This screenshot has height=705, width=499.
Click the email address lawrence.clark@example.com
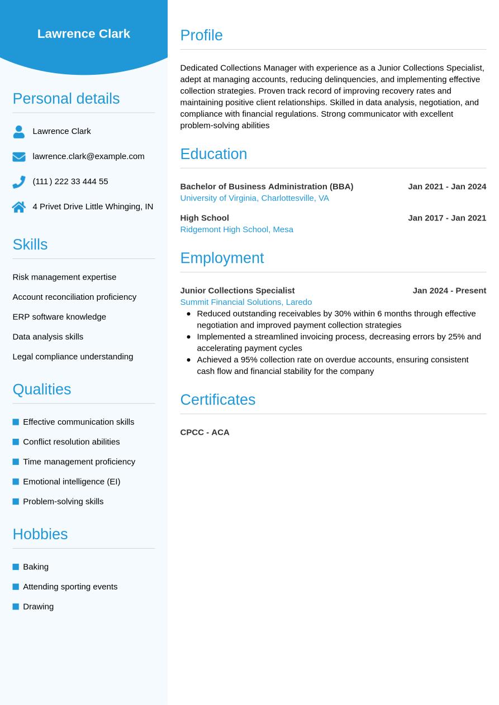coord(88,156)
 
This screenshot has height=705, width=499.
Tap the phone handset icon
coord(19,182)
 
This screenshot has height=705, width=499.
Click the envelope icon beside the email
coord(19,157)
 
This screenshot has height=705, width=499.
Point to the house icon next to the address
coord(19,207)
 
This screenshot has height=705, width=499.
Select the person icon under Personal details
coord(19,132)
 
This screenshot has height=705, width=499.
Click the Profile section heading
coord(201,35)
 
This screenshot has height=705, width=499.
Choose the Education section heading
coord(213,154)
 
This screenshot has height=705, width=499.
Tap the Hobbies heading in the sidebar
coord(40,534)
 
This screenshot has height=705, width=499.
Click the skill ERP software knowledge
coord(59,316)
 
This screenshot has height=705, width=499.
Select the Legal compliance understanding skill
coord(73,356)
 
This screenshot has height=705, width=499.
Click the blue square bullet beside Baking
coord(16,567)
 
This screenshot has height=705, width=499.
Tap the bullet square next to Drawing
coord(16,606)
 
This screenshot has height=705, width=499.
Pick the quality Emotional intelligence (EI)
coord(72,481)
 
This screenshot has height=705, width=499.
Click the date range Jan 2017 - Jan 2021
coord(446,218)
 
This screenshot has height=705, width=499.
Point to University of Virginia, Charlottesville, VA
coord(254,198)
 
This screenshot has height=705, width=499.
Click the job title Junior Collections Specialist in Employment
coord(237,290)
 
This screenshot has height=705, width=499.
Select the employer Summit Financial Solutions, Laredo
coord(246,302)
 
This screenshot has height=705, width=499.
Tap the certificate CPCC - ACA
coord(205,432)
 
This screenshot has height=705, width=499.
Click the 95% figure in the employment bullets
coord(249,359)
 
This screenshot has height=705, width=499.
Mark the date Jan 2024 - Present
coord(449,290)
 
